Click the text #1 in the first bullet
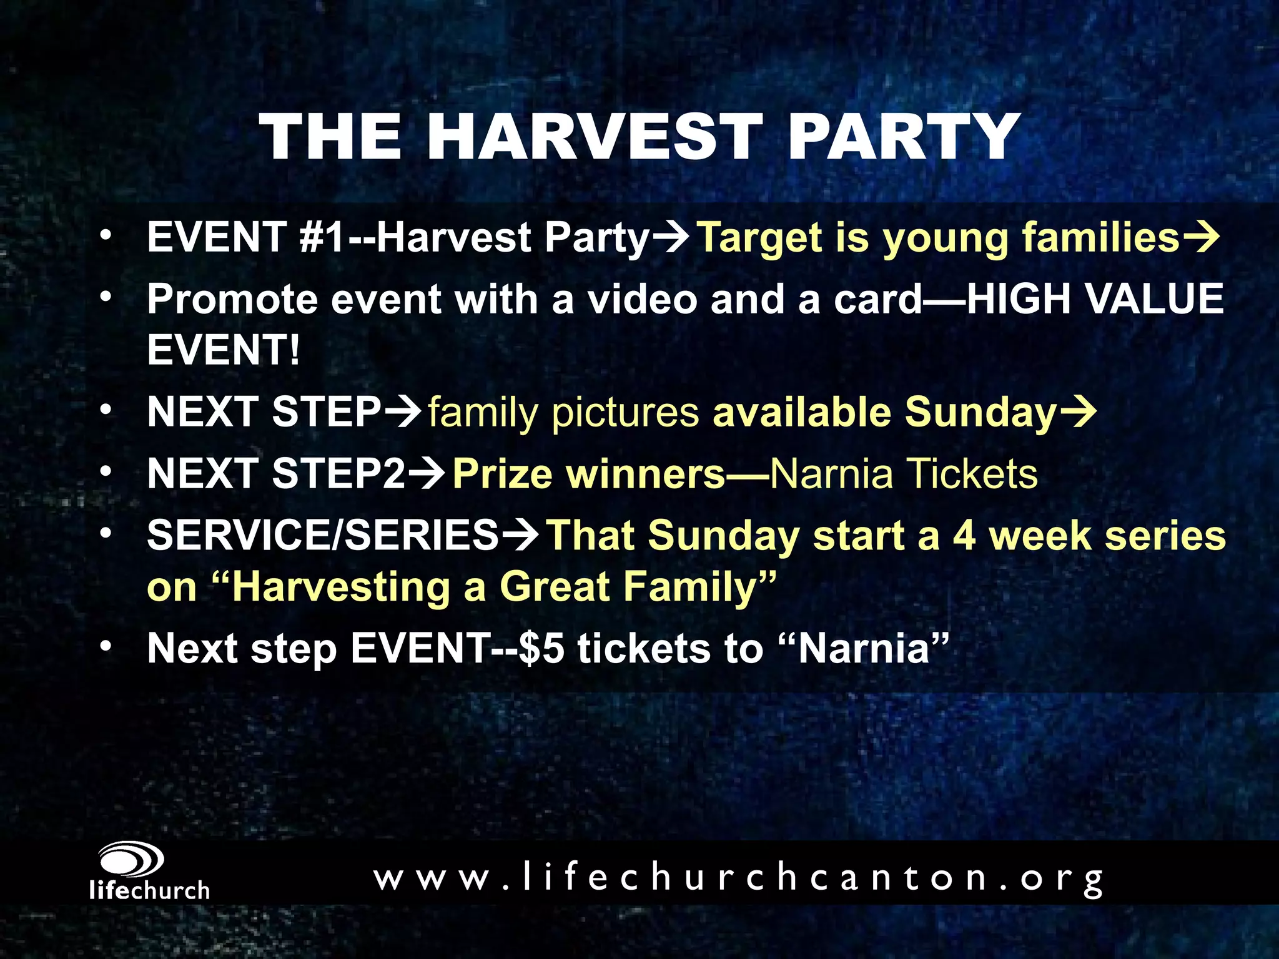pyautogui.click(x=322, y=238)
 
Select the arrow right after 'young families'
pyautogui.click(x=1201, y=238)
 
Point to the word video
pyautogui.click(x=643, y=299)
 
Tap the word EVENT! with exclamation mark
pyautogui.click(x=223, y=350)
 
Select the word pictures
pyautogui.click(x=625, y=413)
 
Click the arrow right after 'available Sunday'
pyautogui.click(x=1078, y=413)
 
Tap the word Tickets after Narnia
pyautogui.click(x=972, y=473)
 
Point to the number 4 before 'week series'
pyautogui.click(x=964, y=536)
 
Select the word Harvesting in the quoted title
pyautogui.click(x=341, y=587)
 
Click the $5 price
pyautogui.click(x=541, y=648)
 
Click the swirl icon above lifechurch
pyautogui.click(x=131, y=860)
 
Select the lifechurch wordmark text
pyautogui.click(x=149, y=890)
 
